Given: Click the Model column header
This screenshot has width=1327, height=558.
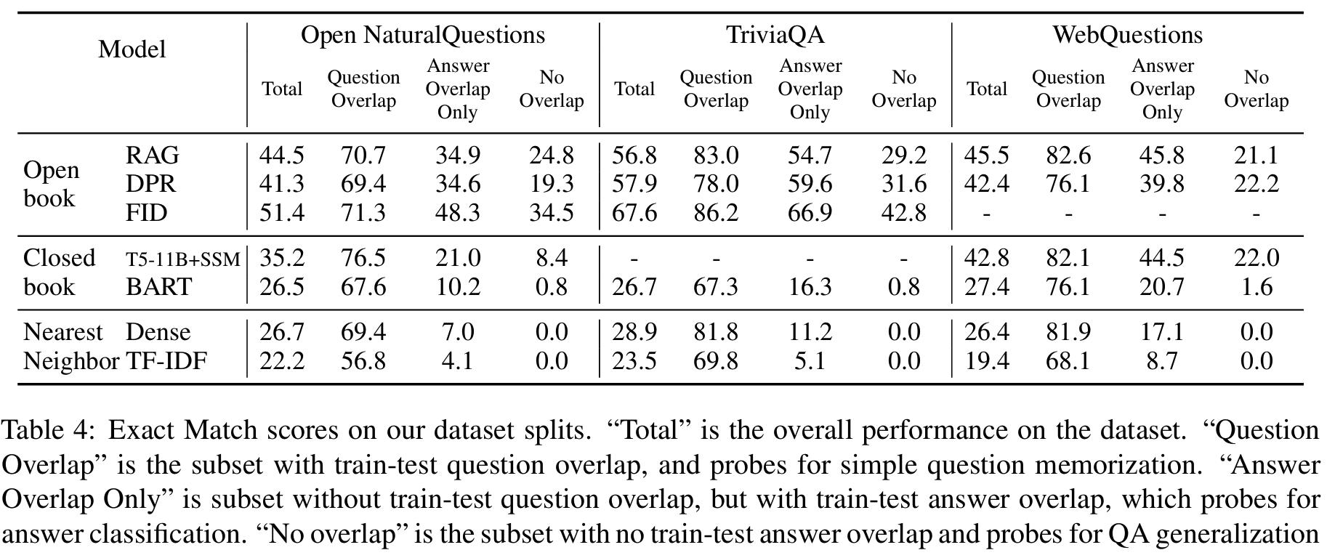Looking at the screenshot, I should [132, 49].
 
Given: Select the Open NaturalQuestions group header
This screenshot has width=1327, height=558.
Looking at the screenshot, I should [422, 35].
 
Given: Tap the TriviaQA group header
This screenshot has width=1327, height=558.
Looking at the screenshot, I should [775, 35].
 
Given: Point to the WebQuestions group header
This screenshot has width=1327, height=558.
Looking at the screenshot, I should [1127, 35].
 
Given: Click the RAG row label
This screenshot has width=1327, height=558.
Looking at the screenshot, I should [152, 155].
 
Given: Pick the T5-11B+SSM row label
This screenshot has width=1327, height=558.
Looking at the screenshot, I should [182, 259].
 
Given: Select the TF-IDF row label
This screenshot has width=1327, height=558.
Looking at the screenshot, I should [166, 360].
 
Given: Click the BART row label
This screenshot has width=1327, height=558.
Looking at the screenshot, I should [158, 287].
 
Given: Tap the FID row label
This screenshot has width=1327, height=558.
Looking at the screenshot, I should [146, 213].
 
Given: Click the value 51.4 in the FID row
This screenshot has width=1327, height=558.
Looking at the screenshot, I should [282, 213].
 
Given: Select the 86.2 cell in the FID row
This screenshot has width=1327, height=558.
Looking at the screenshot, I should [716, 213].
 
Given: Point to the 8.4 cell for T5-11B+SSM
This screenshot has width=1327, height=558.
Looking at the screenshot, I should [551, 259].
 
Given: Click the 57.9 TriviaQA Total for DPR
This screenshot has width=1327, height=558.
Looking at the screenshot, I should [634, 184].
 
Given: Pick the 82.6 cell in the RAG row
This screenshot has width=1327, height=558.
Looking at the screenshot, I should [1068, 155].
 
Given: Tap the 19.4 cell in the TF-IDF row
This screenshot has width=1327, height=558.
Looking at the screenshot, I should [986, 360].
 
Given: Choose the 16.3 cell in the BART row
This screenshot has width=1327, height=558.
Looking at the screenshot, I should [810, 287].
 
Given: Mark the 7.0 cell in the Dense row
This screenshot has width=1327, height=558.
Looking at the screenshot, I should [458, 332].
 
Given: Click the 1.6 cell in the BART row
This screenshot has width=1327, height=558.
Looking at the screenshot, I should [1256, 287].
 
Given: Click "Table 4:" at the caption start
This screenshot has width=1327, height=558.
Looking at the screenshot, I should [49, 431].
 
